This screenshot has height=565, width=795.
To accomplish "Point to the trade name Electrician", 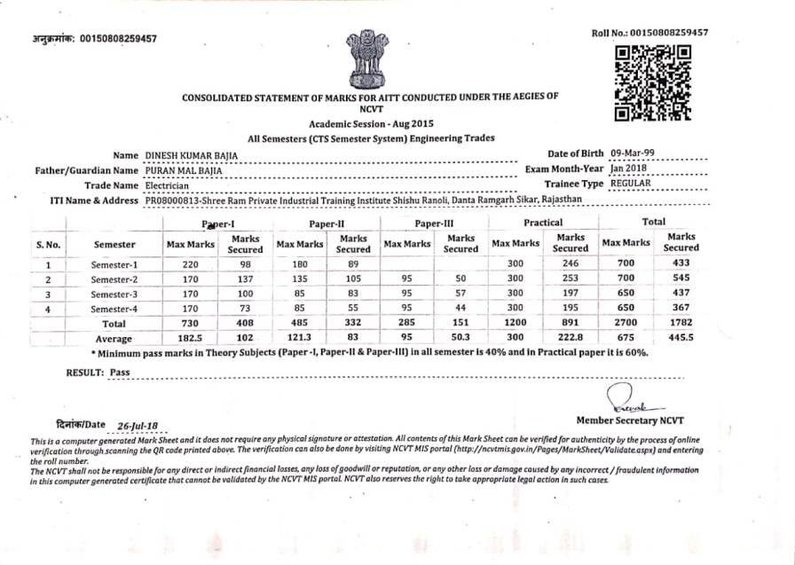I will [x=167, y=186].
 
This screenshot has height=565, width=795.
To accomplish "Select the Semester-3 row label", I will [x=114, y=294].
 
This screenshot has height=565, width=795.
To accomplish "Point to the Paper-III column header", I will [x=434, y=224].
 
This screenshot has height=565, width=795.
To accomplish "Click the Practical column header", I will [x=542, y=223].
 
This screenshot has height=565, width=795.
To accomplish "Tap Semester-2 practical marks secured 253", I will [x=570, y=279].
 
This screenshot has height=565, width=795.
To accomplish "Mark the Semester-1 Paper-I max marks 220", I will [x=190, y=264].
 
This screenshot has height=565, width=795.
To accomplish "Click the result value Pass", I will [x=119, y=373].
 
